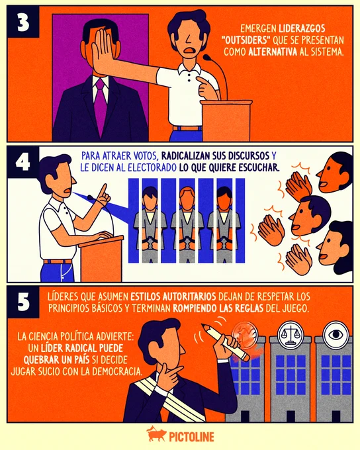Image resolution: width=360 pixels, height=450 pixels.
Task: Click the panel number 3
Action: click(24, 22)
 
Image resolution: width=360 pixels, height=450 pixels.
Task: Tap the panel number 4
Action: click(23, 162)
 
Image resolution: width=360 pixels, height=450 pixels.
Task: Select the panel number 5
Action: click(24, 302)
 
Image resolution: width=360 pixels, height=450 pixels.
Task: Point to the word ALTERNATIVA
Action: click(273, 52)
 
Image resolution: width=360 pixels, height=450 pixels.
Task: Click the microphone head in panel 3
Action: click(207, 58)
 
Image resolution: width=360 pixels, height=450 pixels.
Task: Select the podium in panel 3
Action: click(226, 120)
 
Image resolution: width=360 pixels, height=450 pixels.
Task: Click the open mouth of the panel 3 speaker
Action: click(189, 50)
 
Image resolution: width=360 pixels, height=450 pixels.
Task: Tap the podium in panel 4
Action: click(101, 259)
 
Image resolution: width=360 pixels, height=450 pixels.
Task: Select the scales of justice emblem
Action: click(291, 334)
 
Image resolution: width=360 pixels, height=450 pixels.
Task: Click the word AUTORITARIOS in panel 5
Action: click(189, 296)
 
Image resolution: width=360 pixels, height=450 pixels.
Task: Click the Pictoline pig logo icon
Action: click(156, 434)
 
